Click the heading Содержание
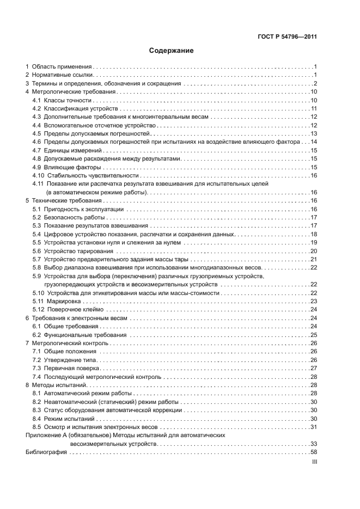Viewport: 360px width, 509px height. (x=172, y=51)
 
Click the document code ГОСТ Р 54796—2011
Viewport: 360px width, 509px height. (x=288, y=37)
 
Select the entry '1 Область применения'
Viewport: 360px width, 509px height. (x=59, y=66)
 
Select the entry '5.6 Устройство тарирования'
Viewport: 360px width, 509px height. (x=72, y=251)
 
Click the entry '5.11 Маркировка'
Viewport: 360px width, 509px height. (x=57, y=301)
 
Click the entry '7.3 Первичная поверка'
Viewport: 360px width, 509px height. (x=65, y=368)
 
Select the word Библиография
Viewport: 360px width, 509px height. (x=46, y=452)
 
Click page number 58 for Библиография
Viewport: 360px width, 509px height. (x=314, y=452)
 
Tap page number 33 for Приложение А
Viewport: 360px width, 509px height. (x=314, y=444)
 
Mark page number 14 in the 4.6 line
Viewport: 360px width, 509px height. (x=314, y=142)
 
